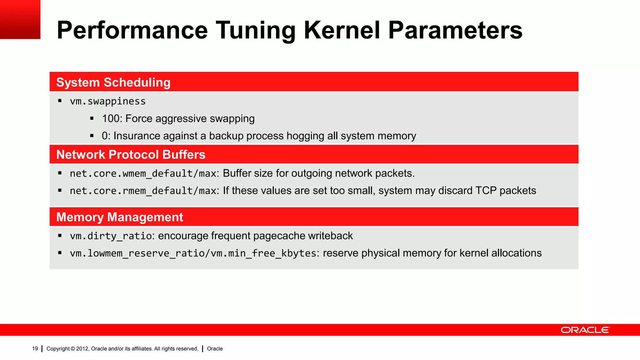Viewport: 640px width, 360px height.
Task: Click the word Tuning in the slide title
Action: tap(255, 30)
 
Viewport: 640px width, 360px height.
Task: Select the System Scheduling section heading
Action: tap(113, 82)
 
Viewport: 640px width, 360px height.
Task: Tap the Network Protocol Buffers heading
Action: tap(131, 155)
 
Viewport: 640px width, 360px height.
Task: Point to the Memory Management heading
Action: tap(119, 217)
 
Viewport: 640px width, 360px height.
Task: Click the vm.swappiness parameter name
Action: tap(107, 101)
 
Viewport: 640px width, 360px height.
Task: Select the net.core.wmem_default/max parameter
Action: tap(143, 173)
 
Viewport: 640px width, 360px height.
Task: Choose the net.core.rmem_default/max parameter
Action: tap(143, 191)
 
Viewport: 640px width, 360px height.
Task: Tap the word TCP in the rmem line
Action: tap(486, 191)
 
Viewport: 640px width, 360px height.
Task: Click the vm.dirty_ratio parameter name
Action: tap(111, 236)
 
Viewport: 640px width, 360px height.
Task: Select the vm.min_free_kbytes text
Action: tap(263, 253)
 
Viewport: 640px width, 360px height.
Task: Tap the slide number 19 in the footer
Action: tap(35, 349)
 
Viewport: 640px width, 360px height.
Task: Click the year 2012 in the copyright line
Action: tap(82, 349)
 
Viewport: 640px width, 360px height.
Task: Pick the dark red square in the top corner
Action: tap(20, 19)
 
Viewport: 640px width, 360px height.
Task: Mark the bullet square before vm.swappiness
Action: tap(60, 101)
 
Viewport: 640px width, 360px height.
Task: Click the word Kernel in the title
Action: tap(342, 30)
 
